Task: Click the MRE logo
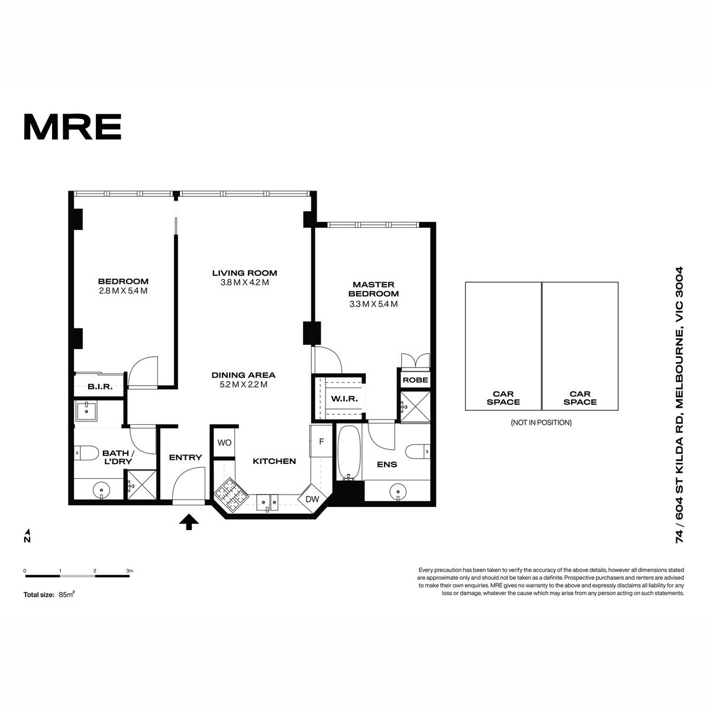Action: [73, 127]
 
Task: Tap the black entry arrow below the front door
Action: [189, 522]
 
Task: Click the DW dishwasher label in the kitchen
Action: [312, 499]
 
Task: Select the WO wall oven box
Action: [224, 443]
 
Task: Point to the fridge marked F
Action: [321, 441]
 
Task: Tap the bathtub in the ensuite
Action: [349, 453]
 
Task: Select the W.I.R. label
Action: [344, 399]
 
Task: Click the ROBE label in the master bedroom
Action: [415, 380]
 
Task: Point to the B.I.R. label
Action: [100, 387]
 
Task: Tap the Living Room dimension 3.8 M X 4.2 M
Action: [244, 283]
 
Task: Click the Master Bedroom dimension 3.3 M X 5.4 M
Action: [373, 304]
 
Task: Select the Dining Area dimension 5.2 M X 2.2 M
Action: [244, 385]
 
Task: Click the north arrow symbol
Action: [27, 536]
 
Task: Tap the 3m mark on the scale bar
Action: [130, 571]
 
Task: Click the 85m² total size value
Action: [67, 594]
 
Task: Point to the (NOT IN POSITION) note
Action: [541, 422]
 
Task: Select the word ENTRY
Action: [185, 457]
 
